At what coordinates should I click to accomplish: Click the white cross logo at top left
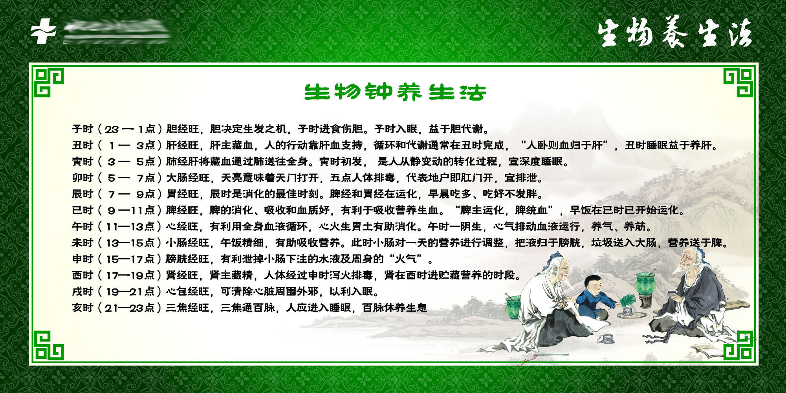pos(43,31)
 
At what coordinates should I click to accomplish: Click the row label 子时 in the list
pos(82,129)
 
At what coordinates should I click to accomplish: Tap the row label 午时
pos(82,227)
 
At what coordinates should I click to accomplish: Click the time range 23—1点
pos(130,129)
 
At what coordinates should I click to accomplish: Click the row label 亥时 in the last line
pos(82,308)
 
